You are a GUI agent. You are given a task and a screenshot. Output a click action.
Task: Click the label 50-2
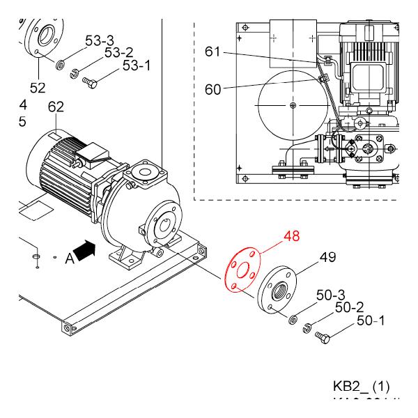pos(349,307)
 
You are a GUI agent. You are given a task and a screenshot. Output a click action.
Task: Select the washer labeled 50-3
pos(294,320)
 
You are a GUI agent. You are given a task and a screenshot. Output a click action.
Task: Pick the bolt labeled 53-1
pos(90,82)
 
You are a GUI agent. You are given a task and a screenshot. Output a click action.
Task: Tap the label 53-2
pos(118,53)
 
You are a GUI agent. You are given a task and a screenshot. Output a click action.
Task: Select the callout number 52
pos(37,88)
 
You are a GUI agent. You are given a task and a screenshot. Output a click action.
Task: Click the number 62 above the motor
pos(56,107)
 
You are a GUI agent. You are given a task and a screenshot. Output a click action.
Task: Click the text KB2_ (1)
pos(362,386)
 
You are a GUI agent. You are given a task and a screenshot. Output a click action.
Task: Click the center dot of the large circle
pos(293,105)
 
